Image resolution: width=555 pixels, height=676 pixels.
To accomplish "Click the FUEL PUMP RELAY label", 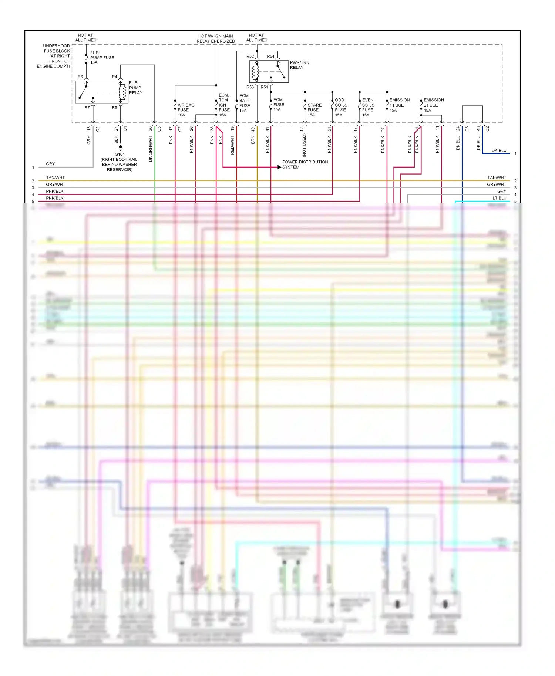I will coord(135,88).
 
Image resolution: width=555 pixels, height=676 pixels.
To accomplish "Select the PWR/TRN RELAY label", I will coord(299,65).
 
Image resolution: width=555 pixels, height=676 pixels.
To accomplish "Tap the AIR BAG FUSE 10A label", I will coord(185,110).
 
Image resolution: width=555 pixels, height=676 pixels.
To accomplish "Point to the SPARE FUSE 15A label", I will coord(314,110).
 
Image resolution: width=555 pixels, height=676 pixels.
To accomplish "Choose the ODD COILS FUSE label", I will coord(340,107).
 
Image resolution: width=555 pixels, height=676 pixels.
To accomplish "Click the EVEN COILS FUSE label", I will coord(368,107).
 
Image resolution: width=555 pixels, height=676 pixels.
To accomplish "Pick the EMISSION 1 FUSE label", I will coord(399,105).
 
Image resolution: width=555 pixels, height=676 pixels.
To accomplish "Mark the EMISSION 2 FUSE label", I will coord(433,105).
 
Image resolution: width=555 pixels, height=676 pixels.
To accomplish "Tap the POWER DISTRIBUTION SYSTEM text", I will coord(305,165).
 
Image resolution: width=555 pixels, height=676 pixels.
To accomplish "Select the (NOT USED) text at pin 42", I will coord(304,145).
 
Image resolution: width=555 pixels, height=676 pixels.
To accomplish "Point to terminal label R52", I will coord(250,56).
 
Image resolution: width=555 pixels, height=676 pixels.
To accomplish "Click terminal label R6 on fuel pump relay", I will coord(80,77).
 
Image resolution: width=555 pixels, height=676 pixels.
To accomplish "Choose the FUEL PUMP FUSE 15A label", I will coord(102,57).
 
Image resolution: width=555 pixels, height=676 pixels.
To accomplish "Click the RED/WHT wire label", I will coord(232,145).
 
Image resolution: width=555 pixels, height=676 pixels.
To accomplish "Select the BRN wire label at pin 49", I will coord(253,140).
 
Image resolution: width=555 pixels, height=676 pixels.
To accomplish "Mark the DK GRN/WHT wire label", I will coord(151,149).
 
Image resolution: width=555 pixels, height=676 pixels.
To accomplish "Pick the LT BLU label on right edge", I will coord(499,198).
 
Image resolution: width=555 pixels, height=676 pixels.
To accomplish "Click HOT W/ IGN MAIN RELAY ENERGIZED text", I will coord(215,38).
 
